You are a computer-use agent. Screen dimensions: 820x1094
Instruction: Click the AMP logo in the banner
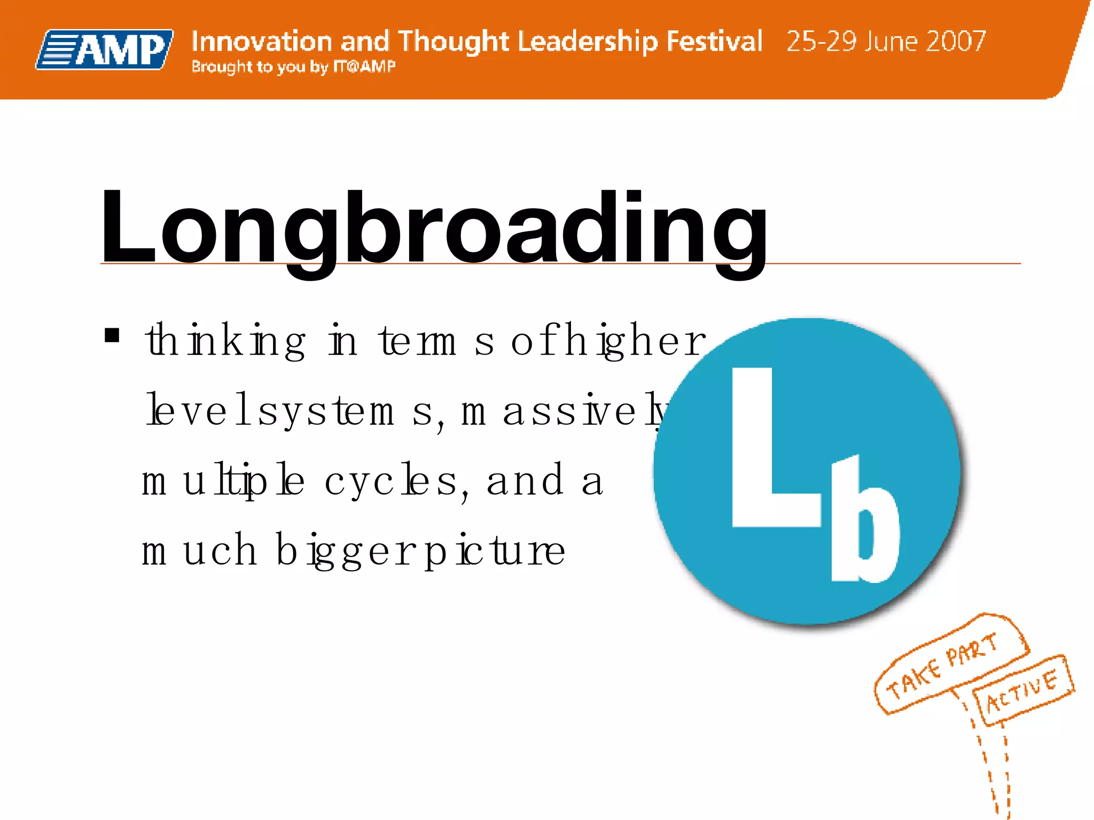click(105, 49)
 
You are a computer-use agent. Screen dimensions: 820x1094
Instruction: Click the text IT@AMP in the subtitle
click(364, 67)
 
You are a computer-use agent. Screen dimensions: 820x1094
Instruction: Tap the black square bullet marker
click(112, 335)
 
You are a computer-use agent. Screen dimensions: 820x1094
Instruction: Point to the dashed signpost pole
click(994, 769)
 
